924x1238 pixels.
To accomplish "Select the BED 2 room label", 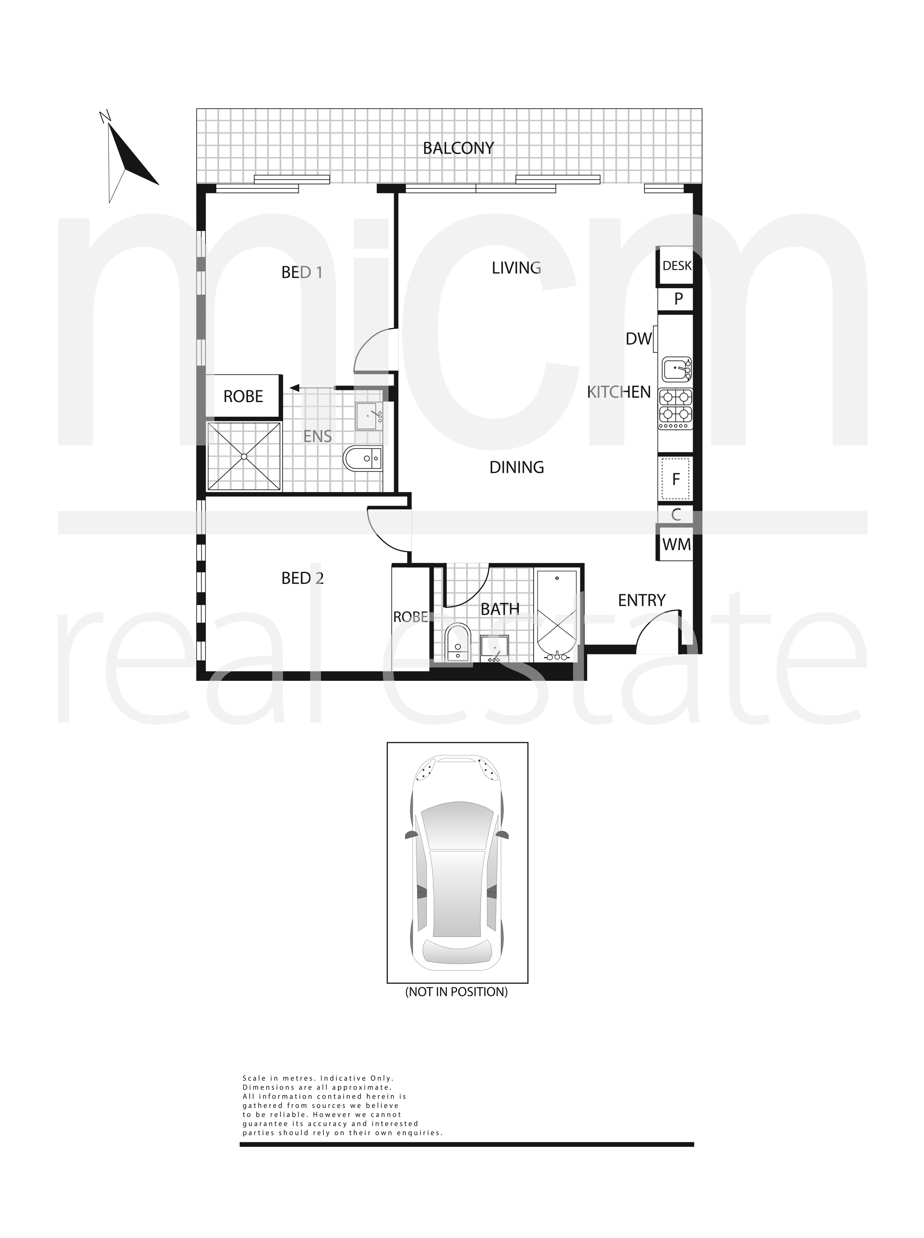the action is point(303,578).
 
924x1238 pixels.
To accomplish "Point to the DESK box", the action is point(675,266).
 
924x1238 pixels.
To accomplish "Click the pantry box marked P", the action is point(676,299).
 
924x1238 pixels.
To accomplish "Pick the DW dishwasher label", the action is point(639,338).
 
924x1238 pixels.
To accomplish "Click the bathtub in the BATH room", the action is point(556,614).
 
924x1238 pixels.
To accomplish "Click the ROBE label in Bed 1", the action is point(243,396).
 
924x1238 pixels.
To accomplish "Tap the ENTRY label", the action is point(641,601).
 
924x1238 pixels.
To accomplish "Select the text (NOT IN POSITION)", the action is point(456,992).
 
